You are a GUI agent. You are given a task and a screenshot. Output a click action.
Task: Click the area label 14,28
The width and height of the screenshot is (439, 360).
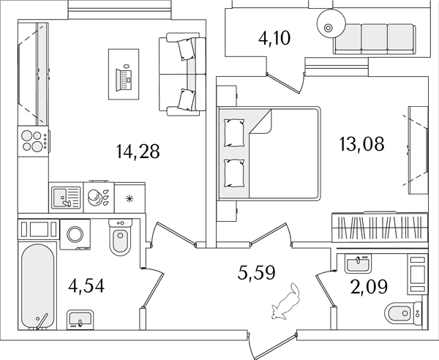tap(138, 151)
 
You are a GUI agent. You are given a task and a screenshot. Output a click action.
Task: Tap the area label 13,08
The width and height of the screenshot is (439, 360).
tap(361, 144)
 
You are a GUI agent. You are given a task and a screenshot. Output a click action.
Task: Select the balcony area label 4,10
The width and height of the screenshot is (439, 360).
tap(274, 38)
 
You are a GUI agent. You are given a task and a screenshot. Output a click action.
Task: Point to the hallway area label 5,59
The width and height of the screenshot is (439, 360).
tap(257, 273)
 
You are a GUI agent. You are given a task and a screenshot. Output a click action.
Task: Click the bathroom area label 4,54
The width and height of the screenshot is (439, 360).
tap(86, 286)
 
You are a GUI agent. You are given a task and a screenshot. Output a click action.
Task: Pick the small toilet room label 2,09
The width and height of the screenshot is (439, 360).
tap(369, 286)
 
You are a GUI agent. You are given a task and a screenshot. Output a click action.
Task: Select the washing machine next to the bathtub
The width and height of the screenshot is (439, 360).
tap(75, 234)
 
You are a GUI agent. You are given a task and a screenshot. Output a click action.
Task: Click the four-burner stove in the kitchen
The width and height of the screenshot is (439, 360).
tap(33, 140)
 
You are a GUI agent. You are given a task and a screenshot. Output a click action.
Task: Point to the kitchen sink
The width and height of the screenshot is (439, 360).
tap(66, 198)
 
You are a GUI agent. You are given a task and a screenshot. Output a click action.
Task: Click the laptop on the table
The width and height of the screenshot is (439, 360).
tap(124, 78)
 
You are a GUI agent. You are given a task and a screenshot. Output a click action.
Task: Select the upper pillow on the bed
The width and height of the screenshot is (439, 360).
tap(234, 132)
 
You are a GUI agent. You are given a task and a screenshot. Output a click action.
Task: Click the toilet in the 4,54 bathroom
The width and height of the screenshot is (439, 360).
tap(121, 237)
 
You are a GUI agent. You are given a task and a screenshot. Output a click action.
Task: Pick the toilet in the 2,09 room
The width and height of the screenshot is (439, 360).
tap(403, 313)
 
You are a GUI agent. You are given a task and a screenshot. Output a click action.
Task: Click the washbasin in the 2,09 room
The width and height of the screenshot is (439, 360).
tap(358, 263)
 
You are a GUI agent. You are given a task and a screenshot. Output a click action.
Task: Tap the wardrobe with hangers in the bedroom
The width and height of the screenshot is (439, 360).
tap(380, 228)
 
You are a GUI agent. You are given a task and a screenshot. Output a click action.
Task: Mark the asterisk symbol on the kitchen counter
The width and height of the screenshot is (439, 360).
tap(130, 199)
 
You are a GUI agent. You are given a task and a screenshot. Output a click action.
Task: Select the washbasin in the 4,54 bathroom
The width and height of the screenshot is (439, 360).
tap(80, 320)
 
